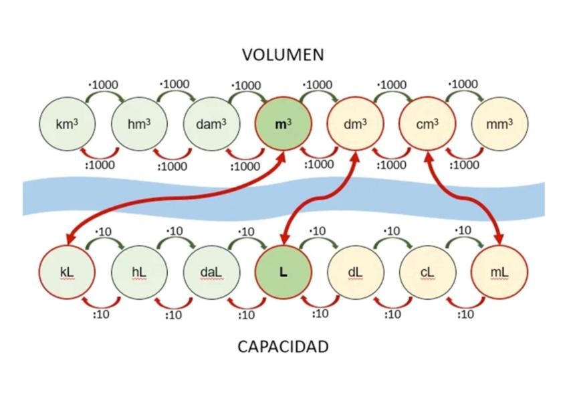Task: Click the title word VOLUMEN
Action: point(283,55)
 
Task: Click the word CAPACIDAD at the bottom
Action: point(283,347)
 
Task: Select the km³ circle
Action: point(66,125)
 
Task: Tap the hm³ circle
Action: point(138,125)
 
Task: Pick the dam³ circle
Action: point(211,125)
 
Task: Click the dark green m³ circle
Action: point(283,125)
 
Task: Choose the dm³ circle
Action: point(355,125)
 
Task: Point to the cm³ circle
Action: point(427,125)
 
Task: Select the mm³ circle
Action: point(499,125)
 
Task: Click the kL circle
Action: point(66,272)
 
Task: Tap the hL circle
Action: point(138,272)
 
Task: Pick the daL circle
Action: point(211,272)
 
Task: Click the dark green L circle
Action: point(283,272)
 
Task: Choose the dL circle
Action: point(355,272)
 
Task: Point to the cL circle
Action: point(427,272)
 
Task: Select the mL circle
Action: point(499,272)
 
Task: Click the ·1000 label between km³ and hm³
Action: point(103,85)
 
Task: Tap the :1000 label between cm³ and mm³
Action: point(463,165)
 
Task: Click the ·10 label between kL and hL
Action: point(103,232)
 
